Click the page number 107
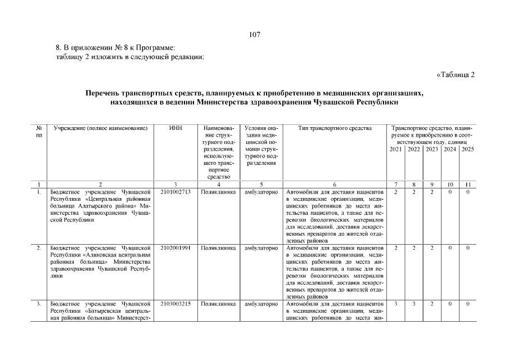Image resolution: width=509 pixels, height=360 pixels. [254, 35]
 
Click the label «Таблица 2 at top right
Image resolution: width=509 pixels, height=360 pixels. [456, 75]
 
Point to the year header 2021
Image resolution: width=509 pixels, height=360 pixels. [395, 149]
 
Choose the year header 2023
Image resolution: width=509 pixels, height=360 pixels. [431, 149]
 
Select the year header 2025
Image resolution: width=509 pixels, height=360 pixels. [467, 149]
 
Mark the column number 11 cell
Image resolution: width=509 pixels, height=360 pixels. [467, 184]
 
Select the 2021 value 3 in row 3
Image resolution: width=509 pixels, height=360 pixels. [395, 304]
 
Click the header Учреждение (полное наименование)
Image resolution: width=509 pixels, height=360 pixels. [100, 129]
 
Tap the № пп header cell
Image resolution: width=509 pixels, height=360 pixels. [39, 132]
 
